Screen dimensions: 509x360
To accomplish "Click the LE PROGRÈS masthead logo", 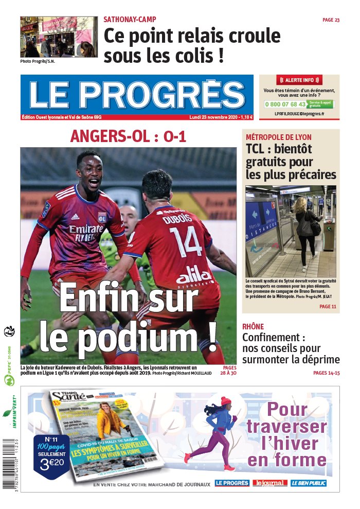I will (137, 95).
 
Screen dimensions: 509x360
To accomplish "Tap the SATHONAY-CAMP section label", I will (130, 20).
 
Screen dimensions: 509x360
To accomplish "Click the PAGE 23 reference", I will (331, 20).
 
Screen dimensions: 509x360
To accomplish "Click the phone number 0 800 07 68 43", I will (284, 104).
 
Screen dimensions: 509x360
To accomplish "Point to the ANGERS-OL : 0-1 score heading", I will (128, 136).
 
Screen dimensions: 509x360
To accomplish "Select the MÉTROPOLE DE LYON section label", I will (278, 137).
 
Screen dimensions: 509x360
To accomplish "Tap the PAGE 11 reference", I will (328, 307).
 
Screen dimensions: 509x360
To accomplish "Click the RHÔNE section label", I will (253, 326).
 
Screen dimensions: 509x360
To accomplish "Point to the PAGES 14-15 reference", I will (327, 373).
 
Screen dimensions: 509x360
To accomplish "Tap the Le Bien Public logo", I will (309, 483).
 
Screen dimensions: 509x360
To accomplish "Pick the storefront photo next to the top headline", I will (58, 37).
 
